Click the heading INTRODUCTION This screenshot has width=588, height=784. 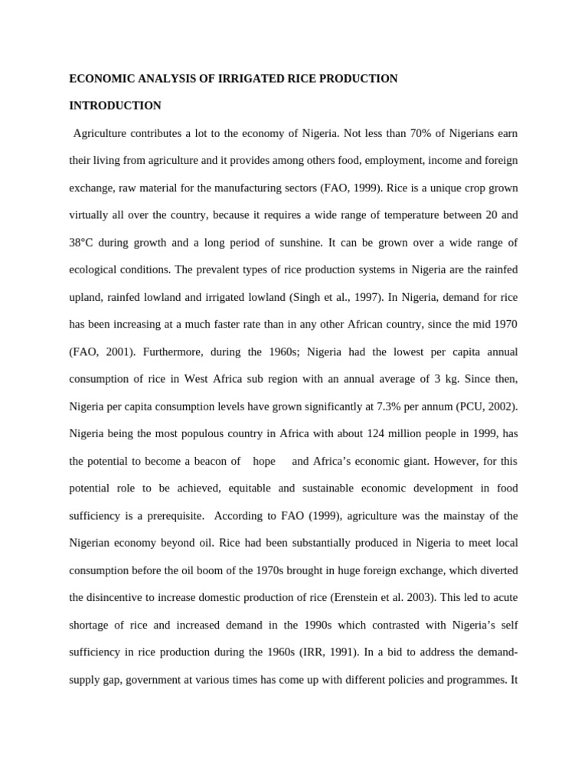click(x=115, y=106)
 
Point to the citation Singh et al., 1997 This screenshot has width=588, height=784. click(x=345, y=297)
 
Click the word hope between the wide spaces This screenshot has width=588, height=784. click(x=264, y=461)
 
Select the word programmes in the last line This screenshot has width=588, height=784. click(x=466, y=680)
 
